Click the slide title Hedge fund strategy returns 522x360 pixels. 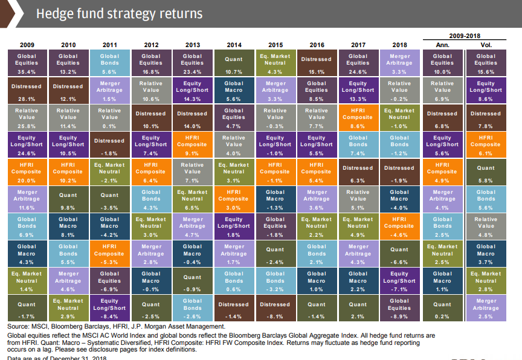119,13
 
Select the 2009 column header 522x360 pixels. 27,45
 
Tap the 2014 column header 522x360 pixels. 234,45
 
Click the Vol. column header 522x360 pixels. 486,45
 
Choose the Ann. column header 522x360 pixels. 442,45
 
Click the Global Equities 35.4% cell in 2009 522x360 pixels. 27,62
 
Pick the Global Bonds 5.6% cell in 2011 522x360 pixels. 109,62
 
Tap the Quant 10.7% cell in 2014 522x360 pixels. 234,62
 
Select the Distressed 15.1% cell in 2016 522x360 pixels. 317,62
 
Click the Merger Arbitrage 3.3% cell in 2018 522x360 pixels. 399,62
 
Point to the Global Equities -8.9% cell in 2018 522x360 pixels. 399,308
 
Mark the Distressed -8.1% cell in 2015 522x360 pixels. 275,308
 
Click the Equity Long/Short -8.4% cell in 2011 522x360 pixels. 109,308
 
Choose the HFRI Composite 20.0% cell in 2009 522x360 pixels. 27,172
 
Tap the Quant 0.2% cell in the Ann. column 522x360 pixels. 442,308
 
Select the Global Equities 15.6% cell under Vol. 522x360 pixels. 486,62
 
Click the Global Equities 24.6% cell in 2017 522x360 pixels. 358,62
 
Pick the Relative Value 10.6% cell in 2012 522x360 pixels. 151,89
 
